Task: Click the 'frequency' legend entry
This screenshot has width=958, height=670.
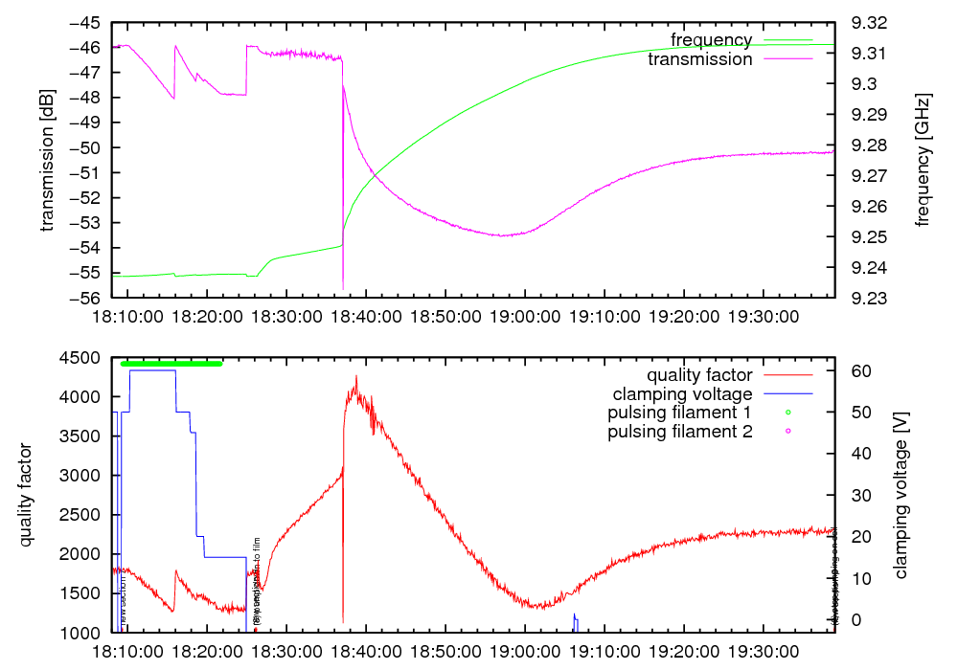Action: point(711,39)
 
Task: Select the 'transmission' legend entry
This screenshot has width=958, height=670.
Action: point(700,59)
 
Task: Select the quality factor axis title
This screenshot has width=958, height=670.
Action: point(26,496)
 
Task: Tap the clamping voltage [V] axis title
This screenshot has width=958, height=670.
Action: point(900,496)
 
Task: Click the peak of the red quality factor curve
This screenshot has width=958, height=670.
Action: point(356,376)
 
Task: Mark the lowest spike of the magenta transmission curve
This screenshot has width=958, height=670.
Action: point(343,288)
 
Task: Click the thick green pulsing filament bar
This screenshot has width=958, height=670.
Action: point(171,364)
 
